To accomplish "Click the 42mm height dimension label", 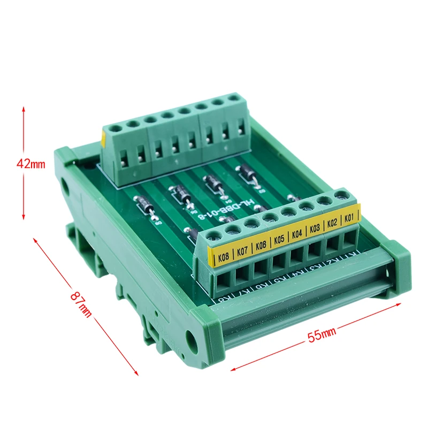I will point(31,164).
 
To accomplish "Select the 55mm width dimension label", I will point(321,335).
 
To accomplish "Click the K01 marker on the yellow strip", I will point(349,218).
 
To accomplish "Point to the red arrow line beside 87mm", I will point(86,305).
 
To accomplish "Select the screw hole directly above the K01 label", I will point(340,198).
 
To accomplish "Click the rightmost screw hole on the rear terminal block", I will point(234,99).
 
